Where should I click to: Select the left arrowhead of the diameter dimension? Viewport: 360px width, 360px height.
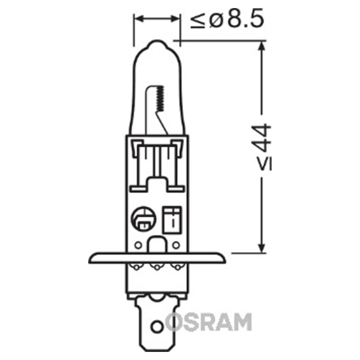(x=139, y=19)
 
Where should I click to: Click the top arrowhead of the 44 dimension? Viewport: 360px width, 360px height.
(x=262, y=46)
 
